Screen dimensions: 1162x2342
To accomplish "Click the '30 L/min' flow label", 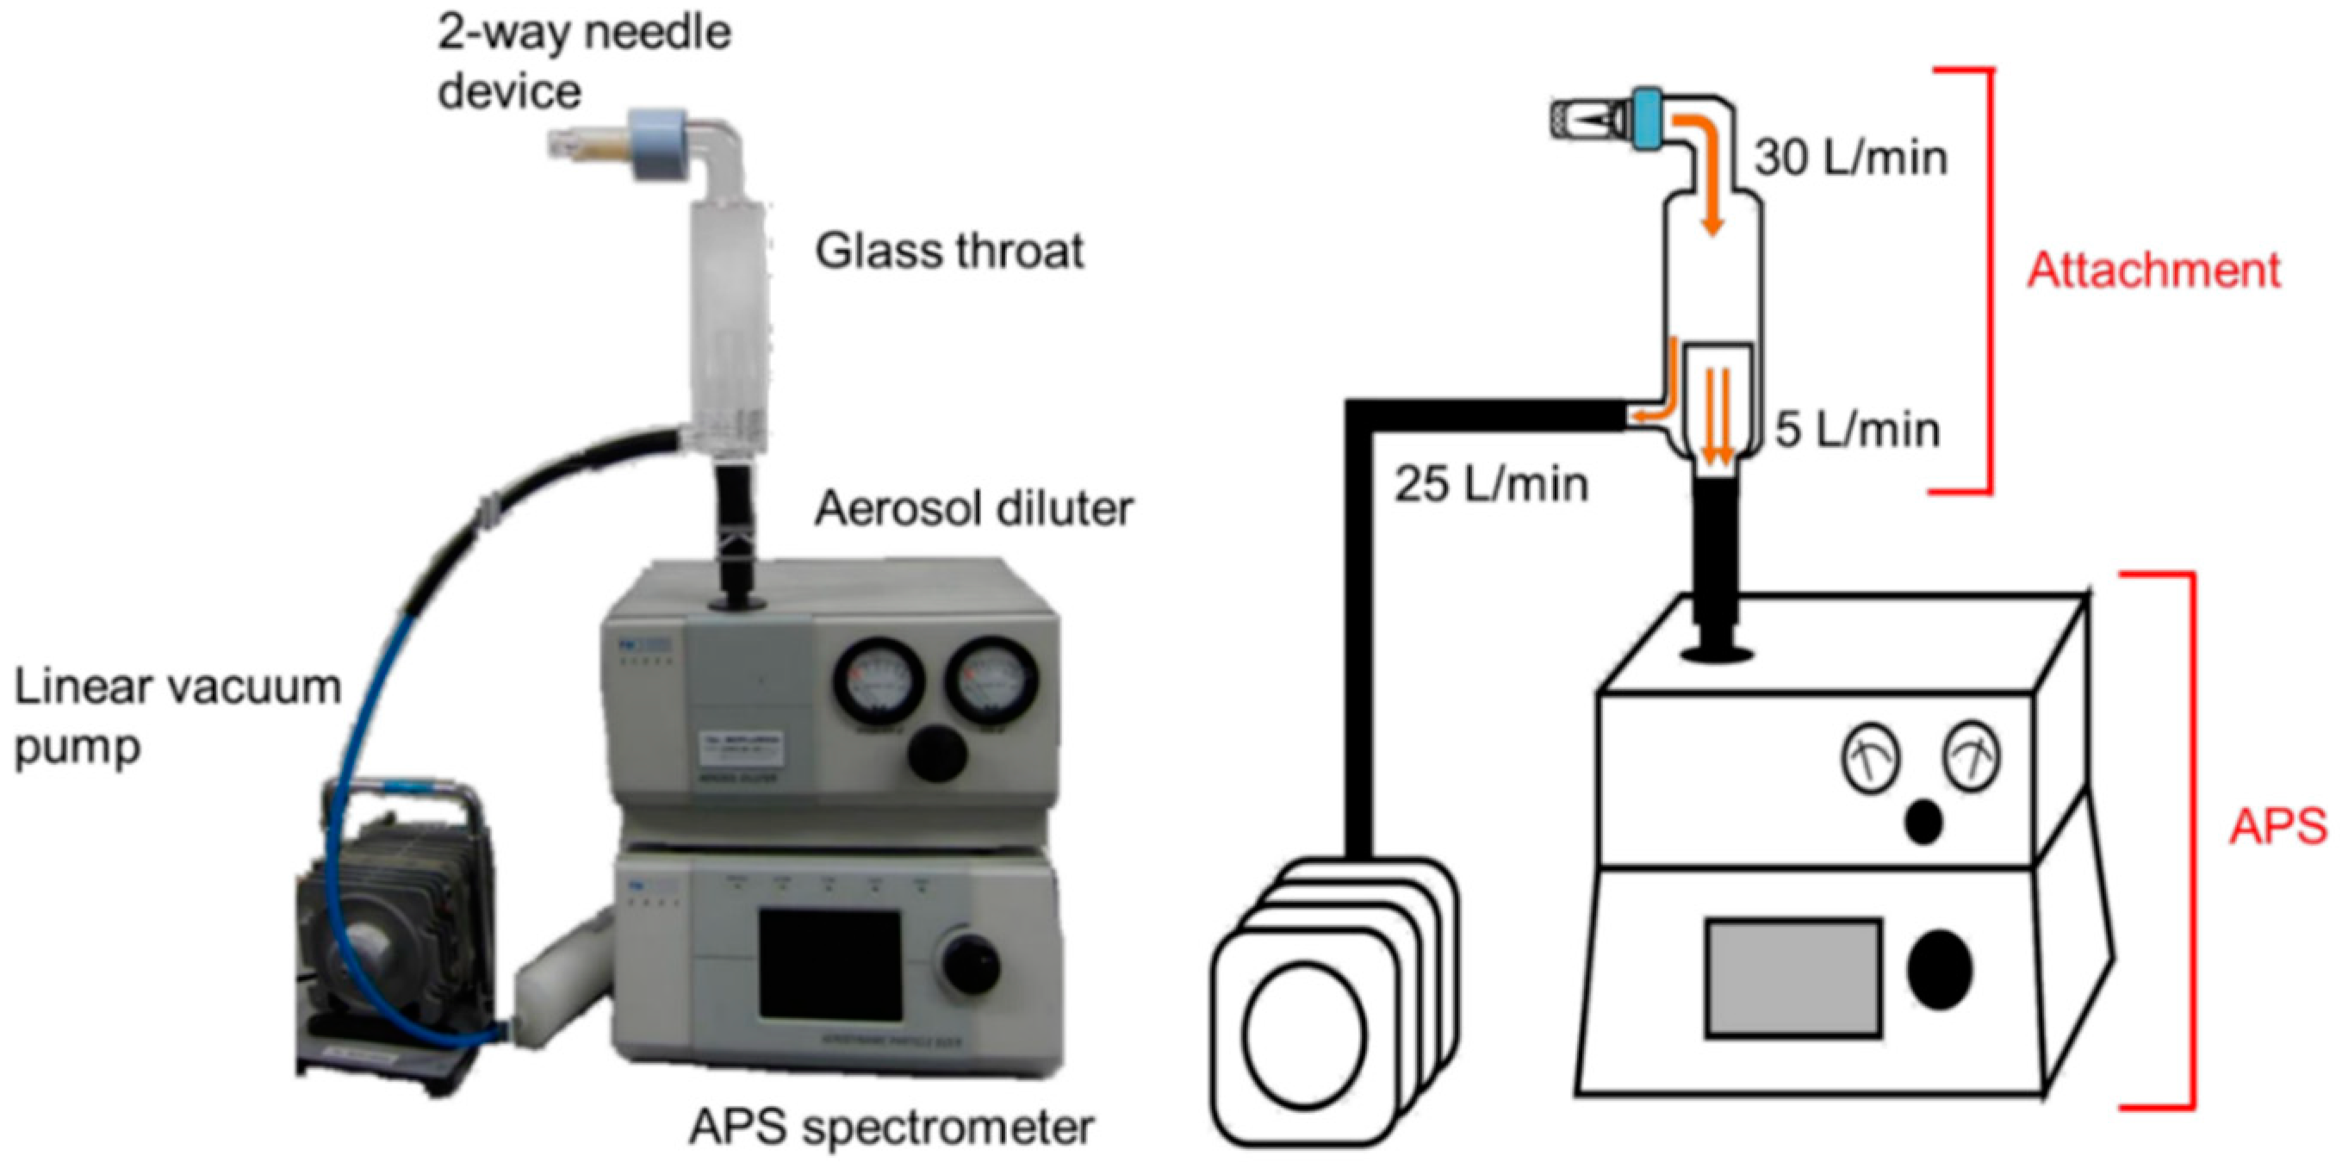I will (1850, 158).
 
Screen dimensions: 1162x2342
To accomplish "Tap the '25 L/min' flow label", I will (1491, 484).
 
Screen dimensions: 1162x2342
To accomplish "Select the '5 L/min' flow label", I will (1856, 429).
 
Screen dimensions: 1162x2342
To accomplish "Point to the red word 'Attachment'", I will (2153, 270).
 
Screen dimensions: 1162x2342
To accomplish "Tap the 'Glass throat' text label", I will (948, 251).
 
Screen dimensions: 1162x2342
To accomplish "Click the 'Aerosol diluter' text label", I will (972, 508).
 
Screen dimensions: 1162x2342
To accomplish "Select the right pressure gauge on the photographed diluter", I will (991, 680).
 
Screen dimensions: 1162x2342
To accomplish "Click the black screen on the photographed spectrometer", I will (829, 966).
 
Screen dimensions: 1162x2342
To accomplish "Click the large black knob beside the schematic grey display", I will (1939, 969).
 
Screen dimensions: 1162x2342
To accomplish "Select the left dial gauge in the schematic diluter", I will (1871, 758).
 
